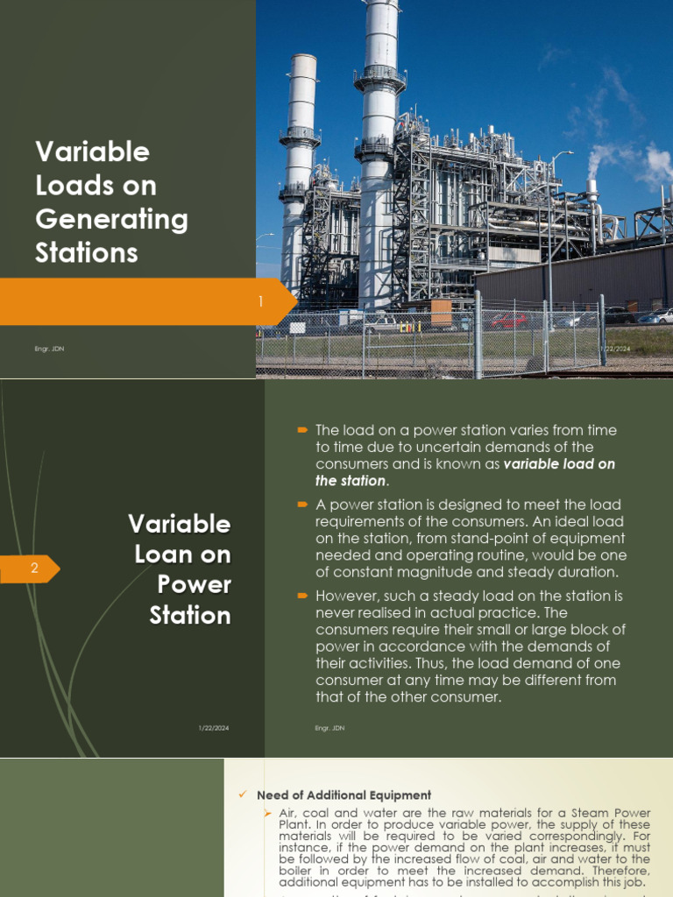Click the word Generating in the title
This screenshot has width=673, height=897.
click(111, 219)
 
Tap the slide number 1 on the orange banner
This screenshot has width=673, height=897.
click(260, 302)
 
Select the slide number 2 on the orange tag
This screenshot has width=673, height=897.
click(34, 569)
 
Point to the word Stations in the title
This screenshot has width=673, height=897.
click(87, 252)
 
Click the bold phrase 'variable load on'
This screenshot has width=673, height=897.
click(559, 464)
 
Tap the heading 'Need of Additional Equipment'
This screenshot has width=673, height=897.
click(344, 795)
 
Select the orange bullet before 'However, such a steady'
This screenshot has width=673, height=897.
click(302, 597)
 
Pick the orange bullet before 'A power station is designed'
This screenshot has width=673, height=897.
click(302, 505)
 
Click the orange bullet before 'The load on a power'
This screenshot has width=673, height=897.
click(302, 430)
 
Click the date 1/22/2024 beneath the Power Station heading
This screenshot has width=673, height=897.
click(216, 728)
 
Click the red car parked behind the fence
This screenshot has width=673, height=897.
click(509, 321)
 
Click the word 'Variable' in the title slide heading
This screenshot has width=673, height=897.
click(92, 152)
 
